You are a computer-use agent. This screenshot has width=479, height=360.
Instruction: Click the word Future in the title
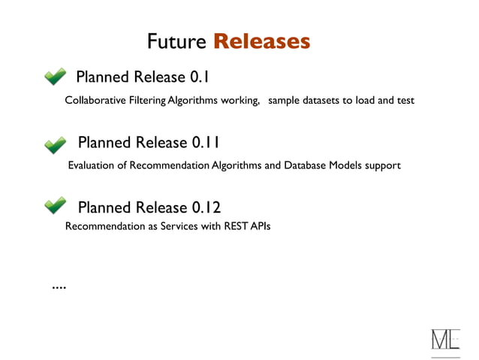pyautogui.click(x=176, y=41)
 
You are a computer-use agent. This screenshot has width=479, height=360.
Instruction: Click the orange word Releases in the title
pyautogui.click(x=261, y=41)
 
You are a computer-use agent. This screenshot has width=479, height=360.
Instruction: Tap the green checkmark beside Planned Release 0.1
pyautogui.click(x=55, y=77)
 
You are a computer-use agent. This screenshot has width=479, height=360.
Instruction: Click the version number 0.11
pyautogui.click(x=206, y=142)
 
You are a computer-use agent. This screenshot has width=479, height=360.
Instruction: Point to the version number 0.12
pyautogui.click(x=206, y=207)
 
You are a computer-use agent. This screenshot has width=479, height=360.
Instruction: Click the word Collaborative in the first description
pyautogui.click(x=94, y=100)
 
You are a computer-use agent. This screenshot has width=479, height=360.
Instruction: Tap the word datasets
pyautogui.click(x=321, y=100)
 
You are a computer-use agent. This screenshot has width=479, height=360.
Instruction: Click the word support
pyautogui.click(x=383, y=165)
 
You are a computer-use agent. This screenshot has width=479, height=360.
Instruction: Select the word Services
pyautogui.click(x=179, y=225)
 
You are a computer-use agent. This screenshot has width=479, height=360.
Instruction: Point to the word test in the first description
pyautogui.click(x=405, y=100)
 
